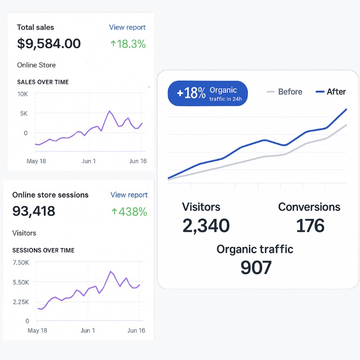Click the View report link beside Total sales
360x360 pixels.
click(127, 27)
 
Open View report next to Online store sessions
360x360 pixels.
click(129, 195)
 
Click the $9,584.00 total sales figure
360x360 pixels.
click(49, 44)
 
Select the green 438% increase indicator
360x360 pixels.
click(129, 211)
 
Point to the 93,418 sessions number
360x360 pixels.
click(34, 211)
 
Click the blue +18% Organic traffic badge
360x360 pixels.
click(207, 93)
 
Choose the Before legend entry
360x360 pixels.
click(285, 92)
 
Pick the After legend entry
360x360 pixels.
click(331, 92)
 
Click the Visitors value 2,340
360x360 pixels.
click(206, 225)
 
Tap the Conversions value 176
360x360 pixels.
click(310, 225)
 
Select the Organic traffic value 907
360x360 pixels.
click(255, 267)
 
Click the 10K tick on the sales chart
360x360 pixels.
click(22, 94)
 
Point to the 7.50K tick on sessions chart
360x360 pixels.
click(21, 262)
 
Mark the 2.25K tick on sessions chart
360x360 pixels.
click(21, 302)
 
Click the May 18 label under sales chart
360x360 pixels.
click(36, 161)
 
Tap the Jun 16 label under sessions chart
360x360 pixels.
click(136, 330)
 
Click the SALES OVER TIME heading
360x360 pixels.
click(43, 82)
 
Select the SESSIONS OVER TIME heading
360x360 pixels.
click(43, 250)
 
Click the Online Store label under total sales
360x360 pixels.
click(36, 65)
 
